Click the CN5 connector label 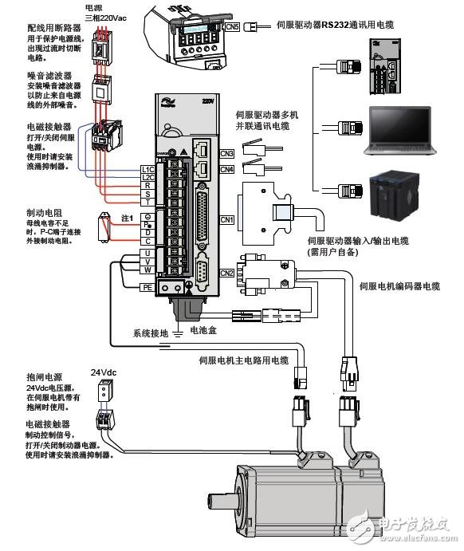(232, 27)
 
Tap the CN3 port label (226, 153)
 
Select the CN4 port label (226, 169)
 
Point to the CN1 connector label (226, 218)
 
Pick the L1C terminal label (147, 169)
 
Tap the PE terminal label (147, 287)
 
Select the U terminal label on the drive (147, 254)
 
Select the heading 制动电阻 (41, 214)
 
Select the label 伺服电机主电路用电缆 (243, 360)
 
